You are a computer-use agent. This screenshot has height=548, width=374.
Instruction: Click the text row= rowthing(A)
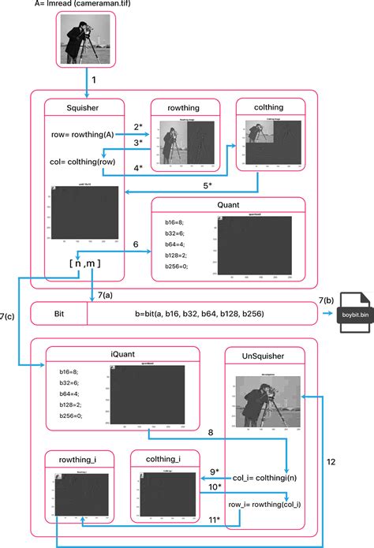pos(80,135)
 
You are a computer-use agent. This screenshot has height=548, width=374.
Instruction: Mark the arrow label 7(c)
pos(9,316)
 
